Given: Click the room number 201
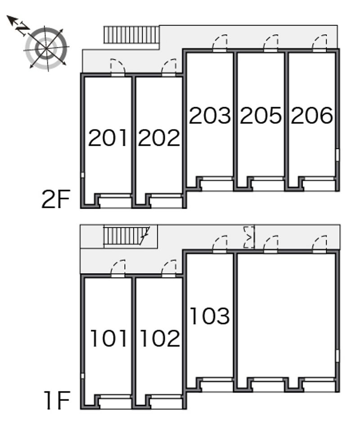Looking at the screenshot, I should [x=108, y=138].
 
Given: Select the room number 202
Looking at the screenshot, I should [x=159, y=138].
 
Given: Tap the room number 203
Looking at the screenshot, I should [x=210, y=116].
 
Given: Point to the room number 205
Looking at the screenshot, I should [x=261, y=116].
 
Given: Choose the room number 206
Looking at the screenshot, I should [x=311, y=116].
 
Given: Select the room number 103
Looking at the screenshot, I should [x=210, y=316].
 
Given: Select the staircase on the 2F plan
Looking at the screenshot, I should [x=131, y=35].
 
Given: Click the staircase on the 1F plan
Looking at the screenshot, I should [x=125, y=235].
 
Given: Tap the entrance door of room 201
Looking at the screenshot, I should [x=117, y=68].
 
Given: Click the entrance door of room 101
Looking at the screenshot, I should [x=118, y=269].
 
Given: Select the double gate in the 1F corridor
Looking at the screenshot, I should [x=249, y=237].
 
